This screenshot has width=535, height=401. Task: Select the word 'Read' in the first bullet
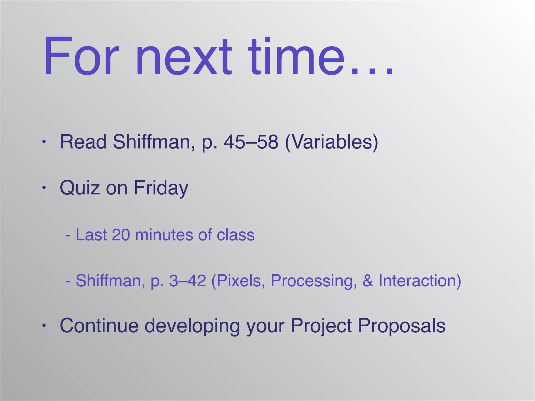coord(83,142)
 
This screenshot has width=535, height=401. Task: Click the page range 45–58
coord(251,142)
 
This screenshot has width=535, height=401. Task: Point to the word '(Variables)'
coord(331,142)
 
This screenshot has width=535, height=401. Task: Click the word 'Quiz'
coord(80,188)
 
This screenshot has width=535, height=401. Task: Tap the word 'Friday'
coord(161,188)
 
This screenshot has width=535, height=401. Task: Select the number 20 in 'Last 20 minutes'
coord(121,234)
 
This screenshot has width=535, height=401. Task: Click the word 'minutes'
coord(164,234)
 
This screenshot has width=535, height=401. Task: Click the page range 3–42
coord(187,281)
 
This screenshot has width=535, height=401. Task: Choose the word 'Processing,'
coord(314,281)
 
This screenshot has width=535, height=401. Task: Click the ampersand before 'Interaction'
coord(368,281)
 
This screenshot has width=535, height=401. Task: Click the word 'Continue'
coord(99,326)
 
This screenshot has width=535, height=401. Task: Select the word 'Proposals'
coord(402,326)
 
